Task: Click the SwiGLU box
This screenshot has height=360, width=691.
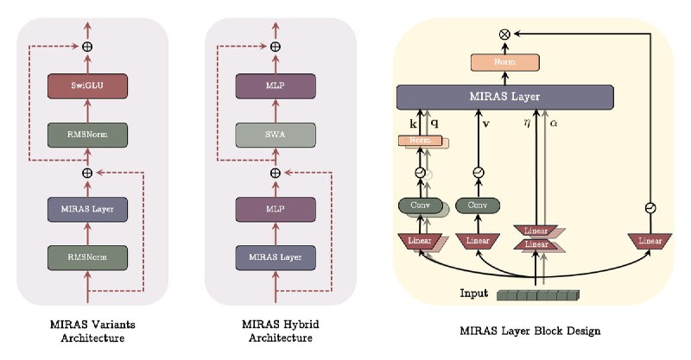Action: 87,86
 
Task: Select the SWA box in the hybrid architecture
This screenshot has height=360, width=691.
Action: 276,135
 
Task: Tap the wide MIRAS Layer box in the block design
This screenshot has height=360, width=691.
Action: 505,97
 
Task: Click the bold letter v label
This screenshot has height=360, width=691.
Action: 485,123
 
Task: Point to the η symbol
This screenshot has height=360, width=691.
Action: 527,123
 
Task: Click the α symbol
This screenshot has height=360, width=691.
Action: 554,123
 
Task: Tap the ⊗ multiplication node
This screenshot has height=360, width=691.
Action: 505,34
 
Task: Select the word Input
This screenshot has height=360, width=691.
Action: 473,293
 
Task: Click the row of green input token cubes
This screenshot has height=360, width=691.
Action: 538,295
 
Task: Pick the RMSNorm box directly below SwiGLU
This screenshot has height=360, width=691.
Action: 87,135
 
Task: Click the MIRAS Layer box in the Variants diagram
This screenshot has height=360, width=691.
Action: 87,209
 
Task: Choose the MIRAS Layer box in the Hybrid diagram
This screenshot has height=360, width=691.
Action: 276,257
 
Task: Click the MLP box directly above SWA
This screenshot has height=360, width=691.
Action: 276,86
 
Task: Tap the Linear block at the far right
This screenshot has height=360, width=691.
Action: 650,241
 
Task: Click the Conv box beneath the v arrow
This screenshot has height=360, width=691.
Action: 478,205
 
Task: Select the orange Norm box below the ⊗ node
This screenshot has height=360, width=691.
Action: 505,62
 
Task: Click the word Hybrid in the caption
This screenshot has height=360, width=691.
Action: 301,325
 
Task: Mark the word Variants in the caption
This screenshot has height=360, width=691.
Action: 111,325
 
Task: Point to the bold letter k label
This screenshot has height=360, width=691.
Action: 414,124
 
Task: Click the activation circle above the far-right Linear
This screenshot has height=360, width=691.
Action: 650,207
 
